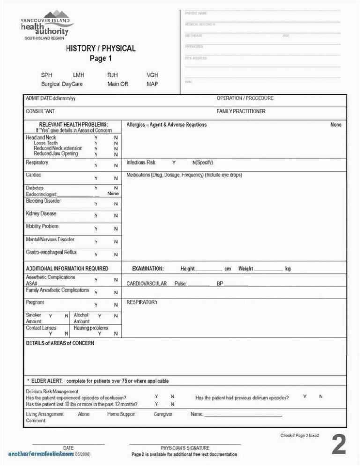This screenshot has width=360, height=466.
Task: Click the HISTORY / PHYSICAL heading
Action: coord(100,48)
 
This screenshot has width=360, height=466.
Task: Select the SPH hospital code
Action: coord(46,75)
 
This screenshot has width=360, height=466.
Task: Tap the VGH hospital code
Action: coord(152,75)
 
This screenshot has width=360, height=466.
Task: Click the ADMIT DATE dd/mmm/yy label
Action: coord(51,98)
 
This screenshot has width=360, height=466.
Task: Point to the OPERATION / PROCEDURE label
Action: coord(245,98)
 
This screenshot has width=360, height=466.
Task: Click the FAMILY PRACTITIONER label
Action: coord(241,112)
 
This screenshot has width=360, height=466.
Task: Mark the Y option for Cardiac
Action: coord(96,179)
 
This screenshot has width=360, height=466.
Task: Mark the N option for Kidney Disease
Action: coord(116,216)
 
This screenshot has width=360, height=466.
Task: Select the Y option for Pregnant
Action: coord(96,305)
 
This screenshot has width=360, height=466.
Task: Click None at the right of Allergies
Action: coord(336,125)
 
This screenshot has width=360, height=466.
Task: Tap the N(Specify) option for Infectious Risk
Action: coord(202,163)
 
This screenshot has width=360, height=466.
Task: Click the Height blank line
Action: coord(209,270)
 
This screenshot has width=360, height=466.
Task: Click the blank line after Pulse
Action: coord(199,285)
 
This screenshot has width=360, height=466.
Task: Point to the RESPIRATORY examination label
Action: coord(142,302)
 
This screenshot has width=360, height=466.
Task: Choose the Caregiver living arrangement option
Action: coord(163,414)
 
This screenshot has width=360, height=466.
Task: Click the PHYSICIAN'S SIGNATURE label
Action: coord(185,448)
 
